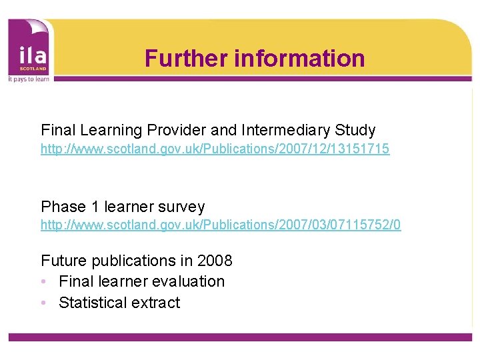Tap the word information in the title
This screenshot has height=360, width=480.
point(299,58)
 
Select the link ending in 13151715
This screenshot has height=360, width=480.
point(215,149)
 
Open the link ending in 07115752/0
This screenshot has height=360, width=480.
point(221,225)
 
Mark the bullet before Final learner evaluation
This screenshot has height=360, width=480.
point(43,282)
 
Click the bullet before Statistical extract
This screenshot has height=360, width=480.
point(43,303)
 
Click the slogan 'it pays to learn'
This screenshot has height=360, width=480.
point(29,77)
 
